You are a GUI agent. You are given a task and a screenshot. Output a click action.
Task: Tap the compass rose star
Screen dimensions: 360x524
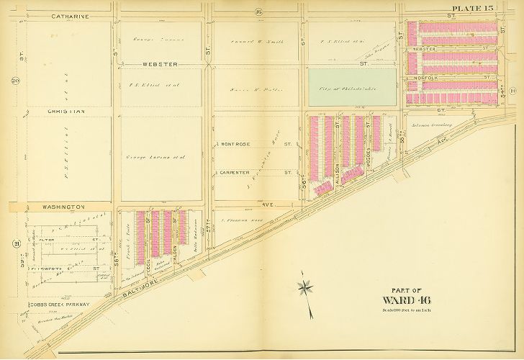(x=307, y=288)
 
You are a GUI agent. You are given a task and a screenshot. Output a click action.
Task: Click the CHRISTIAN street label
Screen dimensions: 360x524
(x=66, y=112)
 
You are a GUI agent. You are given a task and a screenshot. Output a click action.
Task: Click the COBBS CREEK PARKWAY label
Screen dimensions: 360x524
(x=60, y=305)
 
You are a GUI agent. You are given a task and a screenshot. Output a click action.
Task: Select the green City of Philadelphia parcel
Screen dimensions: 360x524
(x=352, y=86)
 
